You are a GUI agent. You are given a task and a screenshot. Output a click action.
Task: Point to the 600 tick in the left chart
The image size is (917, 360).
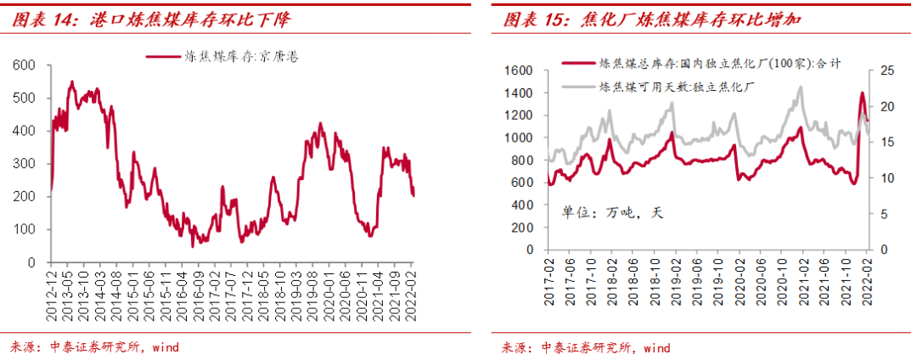(25, 65)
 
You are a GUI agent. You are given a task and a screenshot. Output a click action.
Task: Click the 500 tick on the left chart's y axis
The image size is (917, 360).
(25, 98)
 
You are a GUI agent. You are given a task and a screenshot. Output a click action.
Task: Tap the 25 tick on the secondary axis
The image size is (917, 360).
(886, 70)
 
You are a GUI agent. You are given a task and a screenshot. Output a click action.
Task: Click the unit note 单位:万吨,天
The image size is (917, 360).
(610, 213)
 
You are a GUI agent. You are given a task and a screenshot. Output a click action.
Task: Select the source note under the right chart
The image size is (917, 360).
(585, 347)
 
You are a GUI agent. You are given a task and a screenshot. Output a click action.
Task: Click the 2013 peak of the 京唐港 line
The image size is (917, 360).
(71, 82)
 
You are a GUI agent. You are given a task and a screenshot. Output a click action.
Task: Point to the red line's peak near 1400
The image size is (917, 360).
(863, 93)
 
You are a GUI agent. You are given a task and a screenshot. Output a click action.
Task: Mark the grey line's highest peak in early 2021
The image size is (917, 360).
(799, 87)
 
